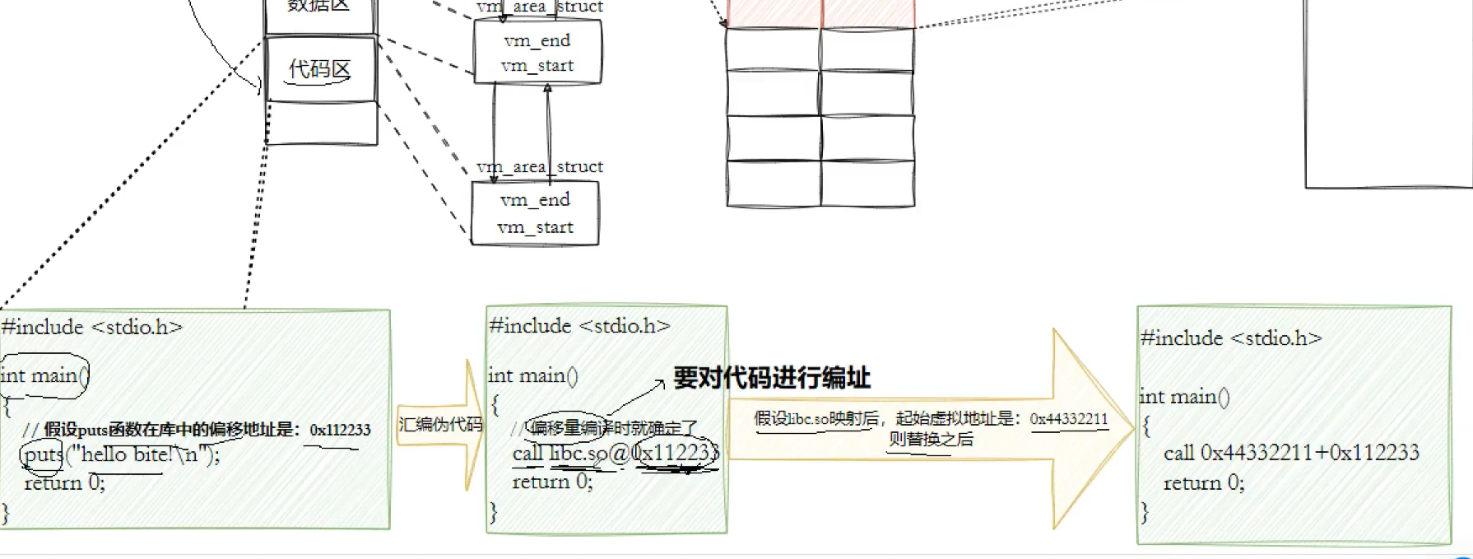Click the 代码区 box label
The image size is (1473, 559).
point(319,69)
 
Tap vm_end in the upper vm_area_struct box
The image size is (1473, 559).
point(537,40)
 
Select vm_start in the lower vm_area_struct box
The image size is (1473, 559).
point(536,227)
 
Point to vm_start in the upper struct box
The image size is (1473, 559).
point(537,66)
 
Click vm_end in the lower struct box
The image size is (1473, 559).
point(535,200)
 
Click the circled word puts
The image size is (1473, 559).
point(43,454)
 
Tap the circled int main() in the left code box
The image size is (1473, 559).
point(44,375)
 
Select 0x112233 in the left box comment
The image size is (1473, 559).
point(340,430)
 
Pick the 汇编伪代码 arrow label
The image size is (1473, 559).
point(440,424)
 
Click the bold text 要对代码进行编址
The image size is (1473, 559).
point(771,378)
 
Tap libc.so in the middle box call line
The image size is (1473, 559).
point(578,454)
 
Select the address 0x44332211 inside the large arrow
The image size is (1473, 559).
point(1069,419)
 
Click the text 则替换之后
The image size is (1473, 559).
point(931,440)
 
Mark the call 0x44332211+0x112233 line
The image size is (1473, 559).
point(1291,453)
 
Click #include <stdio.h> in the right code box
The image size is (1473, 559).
point(1231,338)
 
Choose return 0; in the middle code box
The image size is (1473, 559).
point(552,482)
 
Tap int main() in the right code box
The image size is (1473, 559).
point(1184,397)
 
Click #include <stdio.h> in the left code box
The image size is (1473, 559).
point(91,328)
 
